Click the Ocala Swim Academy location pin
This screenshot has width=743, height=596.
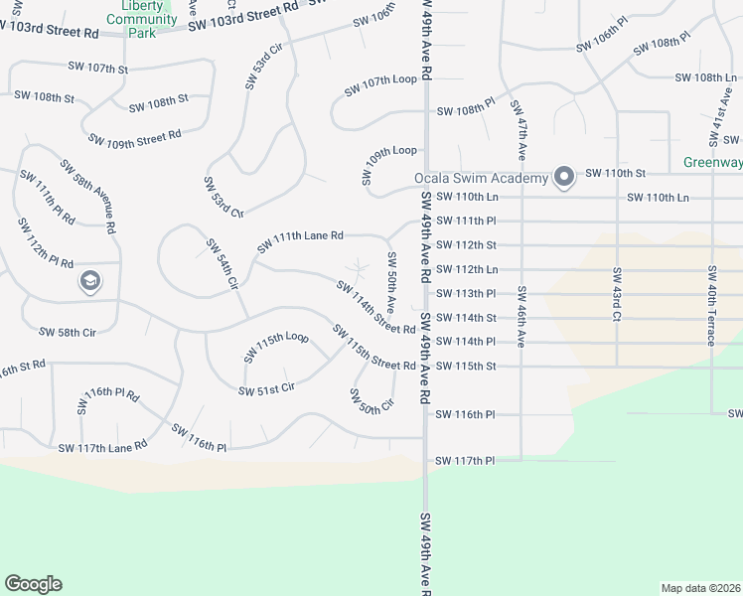[x=563, y=178]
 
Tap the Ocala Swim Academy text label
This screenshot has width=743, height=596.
[x=481, y=179]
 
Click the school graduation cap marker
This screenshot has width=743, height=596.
[x=90, y=282]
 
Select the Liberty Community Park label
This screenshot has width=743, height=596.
[x=142, y=18]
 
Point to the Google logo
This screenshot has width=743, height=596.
[x=33, y=584]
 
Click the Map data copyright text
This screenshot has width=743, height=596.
[x=700, y=588]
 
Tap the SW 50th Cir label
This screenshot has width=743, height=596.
[x=371, y=400]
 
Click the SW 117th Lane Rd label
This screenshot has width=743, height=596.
[x=102, y=448]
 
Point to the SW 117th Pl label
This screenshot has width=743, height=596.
[x=465, y=461]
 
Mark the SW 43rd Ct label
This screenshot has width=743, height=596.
[x=617, y=294]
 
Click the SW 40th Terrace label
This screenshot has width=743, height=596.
[x=712, y=306]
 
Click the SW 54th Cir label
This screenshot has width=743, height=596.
[x=223, y=263]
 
